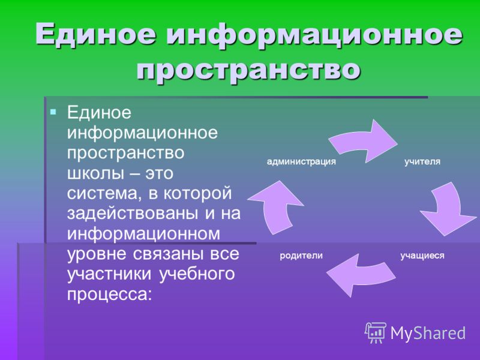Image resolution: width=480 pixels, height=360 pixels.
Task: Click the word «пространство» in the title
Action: tap(248, 70)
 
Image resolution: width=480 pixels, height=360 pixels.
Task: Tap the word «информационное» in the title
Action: tap(314, 35)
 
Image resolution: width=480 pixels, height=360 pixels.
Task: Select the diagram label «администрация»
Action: tap(301, 161)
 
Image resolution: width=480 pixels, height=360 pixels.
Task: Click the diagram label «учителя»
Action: tap(422, 161)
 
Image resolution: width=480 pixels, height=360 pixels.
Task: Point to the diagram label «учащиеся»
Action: tap(422, 256)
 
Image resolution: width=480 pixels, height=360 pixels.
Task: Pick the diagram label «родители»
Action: tap(301, 256)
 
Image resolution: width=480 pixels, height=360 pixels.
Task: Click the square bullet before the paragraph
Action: tap(53, 112)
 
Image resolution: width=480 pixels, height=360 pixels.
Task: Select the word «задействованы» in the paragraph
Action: tap(133, 214)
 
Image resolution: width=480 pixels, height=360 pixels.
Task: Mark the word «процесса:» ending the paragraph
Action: tap(109, 295)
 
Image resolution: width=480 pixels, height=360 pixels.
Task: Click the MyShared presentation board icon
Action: tap(376, 333)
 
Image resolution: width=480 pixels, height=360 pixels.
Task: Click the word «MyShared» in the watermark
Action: tap(428, 333)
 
